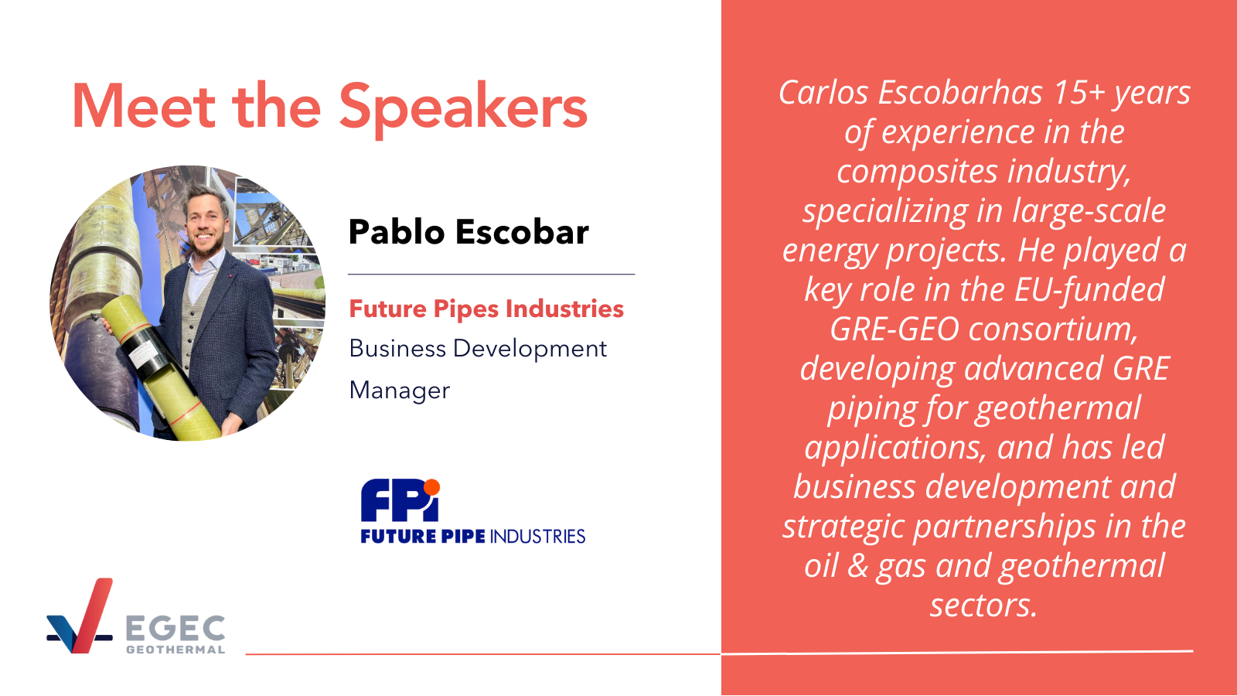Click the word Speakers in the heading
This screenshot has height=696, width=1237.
(x=463, y=108)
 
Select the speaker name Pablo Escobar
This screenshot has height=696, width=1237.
(x=469, y=231)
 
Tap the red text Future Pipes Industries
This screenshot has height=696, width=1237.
(x=486, y=309)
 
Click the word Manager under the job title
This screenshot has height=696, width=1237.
(x=400, y=391)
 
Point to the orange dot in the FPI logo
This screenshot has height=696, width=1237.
(x=431, y=486)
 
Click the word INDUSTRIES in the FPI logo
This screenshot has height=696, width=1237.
(x=537, y=537)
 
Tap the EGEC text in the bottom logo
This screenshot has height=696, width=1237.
(x=175, y=628)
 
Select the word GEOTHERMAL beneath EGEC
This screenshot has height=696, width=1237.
(x=175, y=650)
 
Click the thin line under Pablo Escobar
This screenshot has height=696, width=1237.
(x=492, y=274)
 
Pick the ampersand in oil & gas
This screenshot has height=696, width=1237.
(x=857, y=566)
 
